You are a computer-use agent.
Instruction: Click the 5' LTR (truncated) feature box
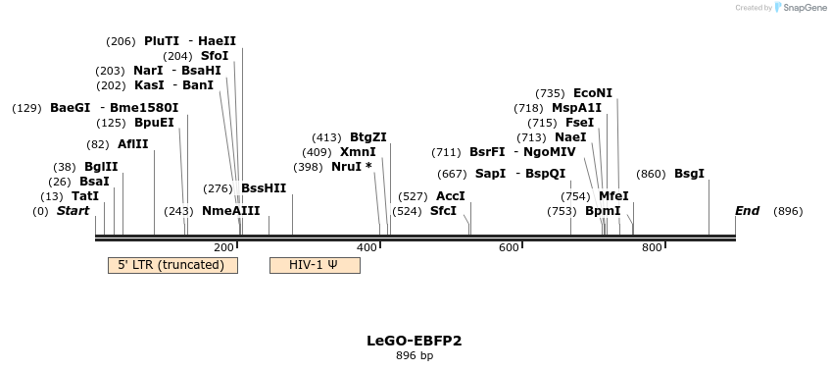[x=172, y=265]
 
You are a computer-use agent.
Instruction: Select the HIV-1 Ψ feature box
[x=315, y=265]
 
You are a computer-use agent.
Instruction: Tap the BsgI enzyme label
[x=689, y=174]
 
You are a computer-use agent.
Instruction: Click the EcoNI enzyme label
[x=593, y=93]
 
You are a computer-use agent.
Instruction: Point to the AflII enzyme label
[x=133, y=144]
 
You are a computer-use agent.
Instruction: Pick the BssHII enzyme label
[x=264, y=188]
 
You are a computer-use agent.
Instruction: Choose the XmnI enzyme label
[x=358, y=152]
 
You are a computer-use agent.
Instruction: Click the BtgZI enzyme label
[x=368, y=137]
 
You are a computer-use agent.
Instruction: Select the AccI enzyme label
[x=451, y=196]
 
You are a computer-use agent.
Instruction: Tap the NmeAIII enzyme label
[x=231, y=211]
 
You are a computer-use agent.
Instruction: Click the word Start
[x=73, y=211]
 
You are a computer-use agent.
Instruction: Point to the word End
[x=747, y=211]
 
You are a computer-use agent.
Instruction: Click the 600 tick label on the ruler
[x=509, y=247]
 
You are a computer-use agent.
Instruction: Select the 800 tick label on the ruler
[x=652, y=247]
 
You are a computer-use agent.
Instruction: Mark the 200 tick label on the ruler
[x=223, y=247]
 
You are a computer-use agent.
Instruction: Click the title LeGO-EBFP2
[x=415, y=341]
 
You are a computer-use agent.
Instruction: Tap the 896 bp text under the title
[x=415, y=355]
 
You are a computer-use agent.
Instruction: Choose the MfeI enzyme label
[x=613, y=196]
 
